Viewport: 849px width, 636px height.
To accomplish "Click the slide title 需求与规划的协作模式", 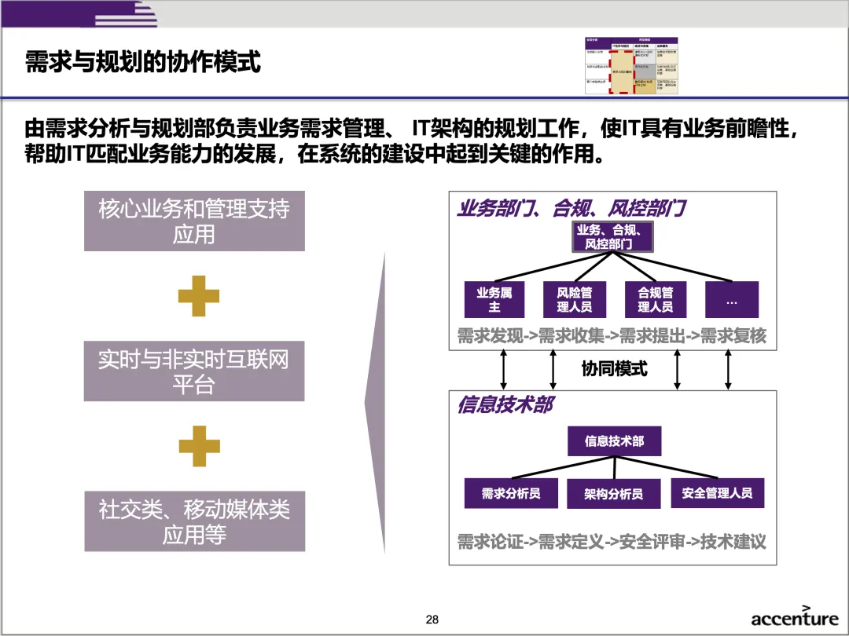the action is click(x=143, y=62).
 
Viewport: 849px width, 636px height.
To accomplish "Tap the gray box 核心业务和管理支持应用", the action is click(x=194, y=221).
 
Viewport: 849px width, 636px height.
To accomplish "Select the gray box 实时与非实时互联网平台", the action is click(x=194, y=371).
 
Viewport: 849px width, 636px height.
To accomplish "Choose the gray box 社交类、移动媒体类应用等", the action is click(x=194, y=521).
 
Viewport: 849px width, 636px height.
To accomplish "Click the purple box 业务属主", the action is click(x=494, y=299).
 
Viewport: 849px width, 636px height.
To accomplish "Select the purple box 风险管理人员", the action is click(x=575, y=299).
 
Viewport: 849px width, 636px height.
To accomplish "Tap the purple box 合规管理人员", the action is click(x=655, y=299).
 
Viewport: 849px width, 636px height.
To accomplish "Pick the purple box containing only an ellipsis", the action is click(x=732, y=299).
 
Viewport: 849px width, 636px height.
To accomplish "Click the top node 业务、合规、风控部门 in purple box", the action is click(x=613, y=236).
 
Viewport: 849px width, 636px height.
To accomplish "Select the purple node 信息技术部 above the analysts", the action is click(x=614, y=441).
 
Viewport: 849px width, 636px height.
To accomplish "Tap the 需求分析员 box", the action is click(x=511, y=493).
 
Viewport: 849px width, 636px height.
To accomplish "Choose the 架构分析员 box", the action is click(x=613, y=494).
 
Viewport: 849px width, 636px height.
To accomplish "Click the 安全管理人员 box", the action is click(x=717, y=493).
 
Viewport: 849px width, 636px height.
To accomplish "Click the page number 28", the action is click(x=432, y=620).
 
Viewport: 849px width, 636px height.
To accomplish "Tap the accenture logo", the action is click(x=794, y=617).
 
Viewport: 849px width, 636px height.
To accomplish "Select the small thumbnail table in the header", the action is click(x=631, y=65).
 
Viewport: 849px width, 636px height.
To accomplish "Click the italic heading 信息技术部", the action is click(x=505, y=406).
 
